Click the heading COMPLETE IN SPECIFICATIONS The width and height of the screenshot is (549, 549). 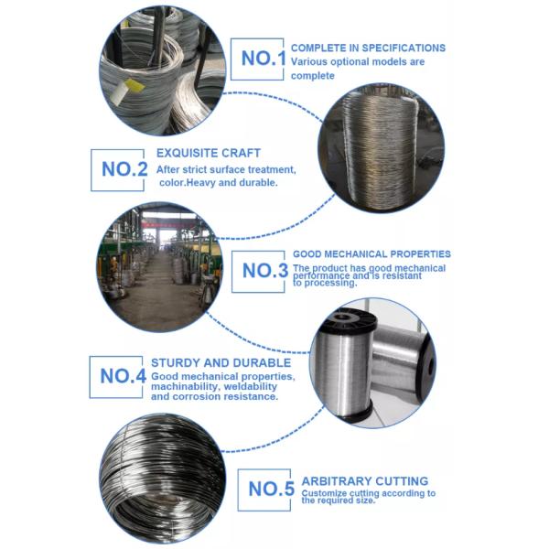(x=368, y=48)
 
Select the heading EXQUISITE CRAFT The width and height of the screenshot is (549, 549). (x=209, y=153)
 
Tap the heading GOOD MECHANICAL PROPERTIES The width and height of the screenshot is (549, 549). (x=371, y=253)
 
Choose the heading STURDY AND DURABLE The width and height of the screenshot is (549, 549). (x=221, y=362)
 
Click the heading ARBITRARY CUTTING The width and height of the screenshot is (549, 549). (x=365, y=481)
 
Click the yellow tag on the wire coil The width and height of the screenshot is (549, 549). (x=134, y=85)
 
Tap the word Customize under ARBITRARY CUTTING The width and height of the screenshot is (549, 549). (x=324, y=493)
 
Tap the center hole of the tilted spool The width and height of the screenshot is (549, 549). (x=431, y=369)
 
